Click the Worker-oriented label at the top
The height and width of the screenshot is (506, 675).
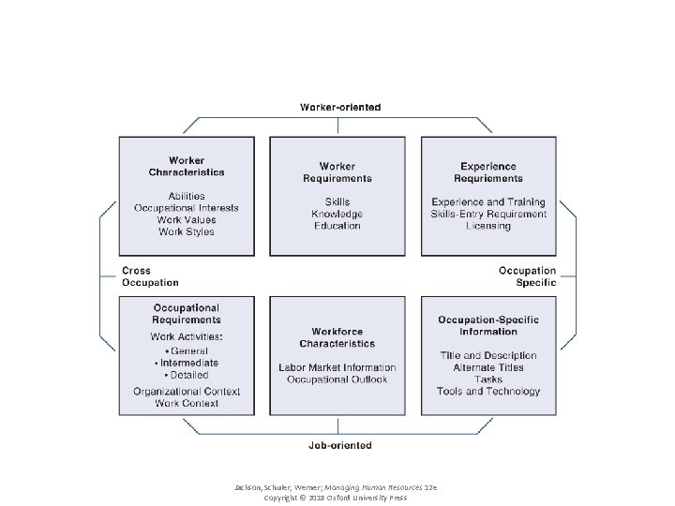pos(340,108)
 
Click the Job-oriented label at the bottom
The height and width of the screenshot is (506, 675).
pos(340,445)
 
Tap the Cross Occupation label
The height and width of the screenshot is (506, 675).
pos(150,276)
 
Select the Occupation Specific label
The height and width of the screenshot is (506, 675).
pos(528,276)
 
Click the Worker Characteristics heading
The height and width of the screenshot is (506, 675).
pos(187,167)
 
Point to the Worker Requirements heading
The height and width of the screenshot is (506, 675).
pos(337,172)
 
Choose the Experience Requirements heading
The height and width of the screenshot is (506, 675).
pos(488,172)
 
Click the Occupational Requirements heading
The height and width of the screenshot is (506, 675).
pos(187,314)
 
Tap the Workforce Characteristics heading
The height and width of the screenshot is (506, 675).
pos(337,337)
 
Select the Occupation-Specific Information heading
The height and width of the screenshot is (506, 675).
pos(488,326)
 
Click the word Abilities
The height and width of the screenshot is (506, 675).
pos(187,196)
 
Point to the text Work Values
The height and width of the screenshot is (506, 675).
pos(187,220)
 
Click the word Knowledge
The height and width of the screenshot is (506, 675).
pos(337,214)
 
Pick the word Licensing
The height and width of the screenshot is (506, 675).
pos(488,226)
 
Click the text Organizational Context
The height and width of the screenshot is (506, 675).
pos(187,392)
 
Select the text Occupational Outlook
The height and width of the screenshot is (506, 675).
pos(337,379)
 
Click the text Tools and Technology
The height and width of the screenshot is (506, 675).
pos(488,392)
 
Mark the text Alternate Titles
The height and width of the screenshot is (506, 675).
pos(488,367)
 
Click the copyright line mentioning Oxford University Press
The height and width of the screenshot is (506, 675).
pos(337,498)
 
